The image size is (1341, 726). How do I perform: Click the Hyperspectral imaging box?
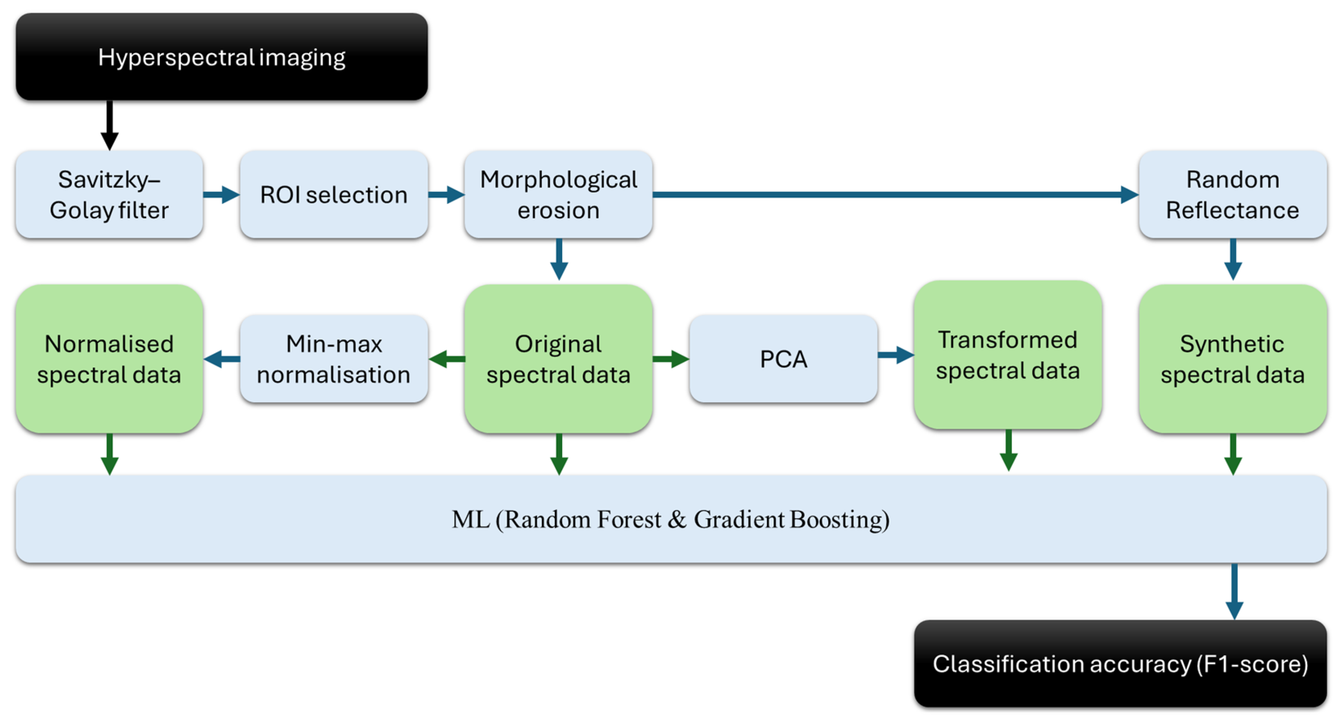(222, 57)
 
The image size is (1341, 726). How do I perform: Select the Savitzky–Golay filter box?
(109, 194)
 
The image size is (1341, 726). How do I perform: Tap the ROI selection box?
(334, 194)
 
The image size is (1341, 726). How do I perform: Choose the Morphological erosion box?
(559, 194)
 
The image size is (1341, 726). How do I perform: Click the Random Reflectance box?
(1233, 194)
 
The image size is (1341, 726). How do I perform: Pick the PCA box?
(784, 359)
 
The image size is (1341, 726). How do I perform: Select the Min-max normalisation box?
(334, 359)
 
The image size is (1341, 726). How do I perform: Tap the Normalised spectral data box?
(109, 359)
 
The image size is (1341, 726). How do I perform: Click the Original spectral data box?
(559, 359)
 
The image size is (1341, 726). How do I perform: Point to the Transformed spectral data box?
(1008, 355)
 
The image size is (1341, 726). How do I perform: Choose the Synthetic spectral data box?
(1233, 359)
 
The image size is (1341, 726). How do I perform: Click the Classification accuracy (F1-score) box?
(1120, 663)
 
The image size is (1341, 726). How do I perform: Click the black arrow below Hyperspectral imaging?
(109, 125)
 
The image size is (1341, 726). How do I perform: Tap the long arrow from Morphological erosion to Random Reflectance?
(896, 194)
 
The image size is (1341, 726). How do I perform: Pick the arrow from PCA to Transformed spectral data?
(896, 355)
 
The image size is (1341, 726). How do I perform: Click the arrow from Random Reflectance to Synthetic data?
(1233, 260)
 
